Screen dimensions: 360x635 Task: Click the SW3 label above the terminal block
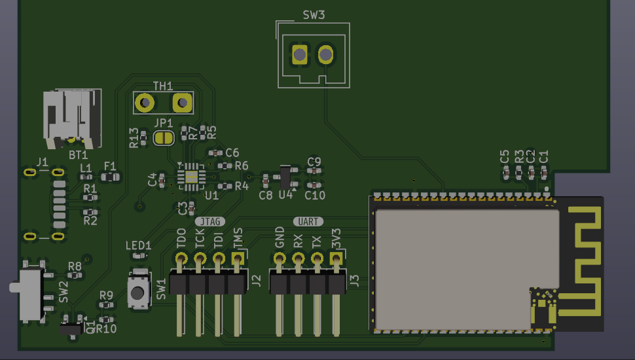[x=314, y=15]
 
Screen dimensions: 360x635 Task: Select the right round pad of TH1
[x=181, y=103]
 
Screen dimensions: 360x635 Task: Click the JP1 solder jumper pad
[x=163, y=137]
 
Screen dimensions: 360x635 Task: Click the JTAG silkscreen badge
[x=208, y=222]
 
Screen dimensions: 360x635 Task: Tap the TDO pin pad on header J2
[x=181, y=259]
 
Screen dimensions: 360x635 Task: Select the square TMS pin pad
[x=237, y=259]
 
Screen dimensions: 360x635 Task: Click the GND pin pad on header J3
[x=280, y=259]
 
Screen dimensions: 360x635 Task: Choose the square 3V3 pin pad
[x=336, y=259]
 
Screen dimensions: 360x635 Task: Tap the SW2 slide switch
[x=30, y=292]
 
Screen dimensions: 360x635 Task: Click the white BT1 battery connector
[x=72, y=118]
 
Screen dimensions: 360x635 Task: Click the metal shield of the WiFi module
[x=458, y=268]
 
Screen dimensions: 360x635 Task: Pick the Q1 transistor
[x=69, y=327]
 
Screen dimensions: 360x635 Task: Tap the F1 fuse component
[x=112, y=177]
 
